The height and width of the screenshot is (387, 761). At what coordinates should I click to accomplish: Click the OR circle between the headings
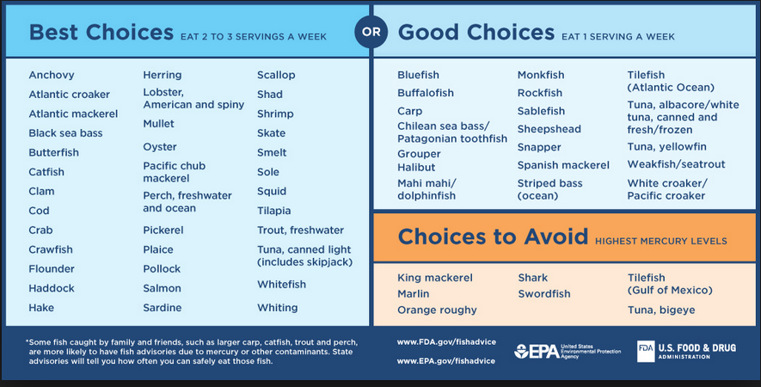click(x=371, y=33)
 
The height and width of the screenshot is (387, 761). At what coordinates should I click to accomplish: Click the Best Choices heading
click(x=101, y=33)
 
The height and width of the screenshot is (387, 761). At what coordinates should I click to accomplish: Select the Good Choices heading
click(x=476, y=33)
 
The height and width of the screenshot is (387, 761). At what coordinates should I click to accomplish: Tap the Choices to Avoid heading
click(x=493, y=236)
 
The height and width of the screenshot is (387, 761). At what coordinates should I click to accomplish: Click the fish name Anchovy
click(x=52, y=75)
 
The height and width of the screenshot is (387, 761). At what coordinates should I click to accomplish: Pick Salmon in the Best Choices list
click(x=162, y=288)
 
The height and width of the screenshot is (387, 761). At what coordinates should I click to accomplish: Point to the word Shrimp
click(x=275, y=114)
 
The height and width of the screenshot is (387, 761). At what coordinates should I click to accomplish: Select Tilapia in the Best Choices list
click(x=273, y=211)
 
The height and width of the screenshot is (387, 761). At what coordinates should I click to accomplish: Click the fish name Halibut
click(x=416, y=167)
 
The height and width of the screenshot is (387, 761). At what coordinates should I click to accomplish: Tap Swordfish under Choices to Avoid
click(x=543, y=294)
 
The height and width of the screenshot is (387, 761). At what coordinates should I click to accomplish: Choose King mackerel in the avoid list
click(x=435, y=278)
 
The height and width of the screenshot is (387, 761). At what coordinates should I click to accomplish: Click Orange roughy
click(x=437, y=310)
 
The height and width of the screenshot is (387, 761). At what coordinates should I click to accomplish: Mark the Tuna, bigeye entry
click(x=661, y=310)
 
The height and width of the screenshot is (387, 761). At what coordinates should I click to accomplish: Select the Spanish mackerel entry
click(x=563, y=165)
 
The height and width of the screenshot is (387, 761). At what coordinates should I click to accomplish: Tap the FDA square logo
click(x=646, y=351)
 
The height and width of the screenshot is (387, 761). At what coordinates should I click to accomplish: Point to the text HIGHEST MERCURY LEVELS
click(x=660, y=242)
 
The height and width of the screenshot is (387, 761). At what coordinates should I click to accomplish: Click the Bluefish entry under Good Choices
click(x=419, y=75)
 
